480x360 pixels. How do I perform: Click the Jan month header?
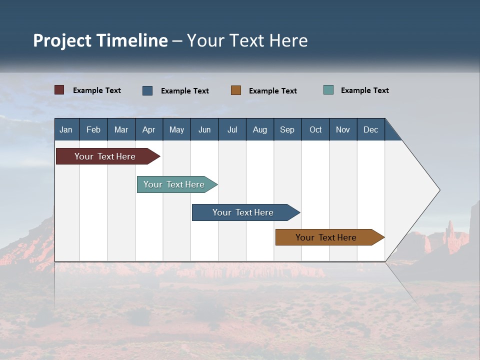pyautogui.click(x=66, y=129)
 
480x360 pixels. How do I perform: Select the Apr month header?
pyautogui.click(x=149, y=129)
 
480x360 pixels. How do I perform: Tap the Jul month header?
pyautogui.click(x=232, y=129)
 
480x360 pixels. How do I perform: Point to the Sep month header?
pyautogui.click(x=287, y=129)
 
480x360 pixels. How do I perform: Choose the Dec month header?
pyautogui.click(x=371, y=129)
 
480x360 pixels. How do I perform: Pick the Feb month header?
pyautogui.click(x=93, y=129)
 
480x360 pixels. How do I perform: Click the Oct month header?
pyautogui.click(x=315, y=129)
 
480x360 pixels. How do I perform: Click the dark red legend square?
pyautogui.click(x=59, y=90)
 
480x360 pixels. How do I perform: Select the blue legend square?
pyautogui.click(x=147, y=90)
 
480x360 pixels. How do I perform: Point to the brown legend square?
pyautogui.click(x=236, y=90)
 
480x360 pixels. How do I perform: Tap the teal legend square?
pyautogui.click(x=328, y=90)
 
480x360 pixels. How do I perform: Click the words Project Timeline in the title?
pyautogui.click(x=100, y=40)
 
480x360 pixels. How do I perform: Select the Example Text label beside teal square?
pyautogui.click(x=364, y=90)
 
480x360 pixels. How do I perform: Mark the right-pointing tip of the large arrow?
pyautogui.click(x=438, y=190)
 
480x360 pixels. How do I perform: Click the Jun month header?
pyautogui.click(x=204, y=129)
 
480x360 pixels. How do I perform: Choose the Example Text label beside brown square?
pyautogui.click(x=272, y=91)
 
